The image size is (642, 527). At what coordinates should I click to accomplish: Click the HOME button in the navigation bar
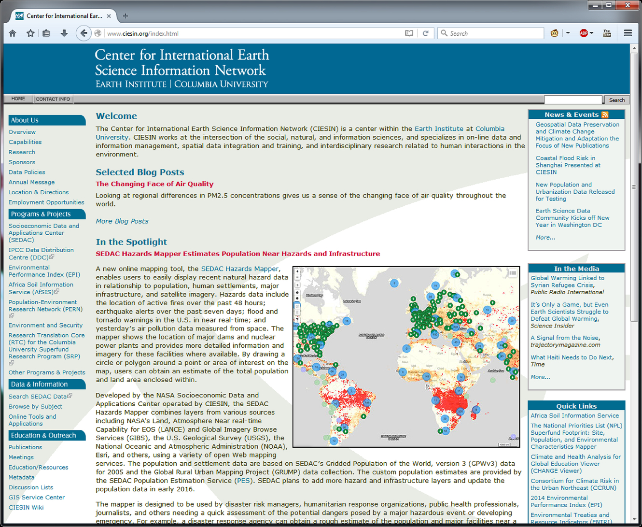click(x=18, y=99)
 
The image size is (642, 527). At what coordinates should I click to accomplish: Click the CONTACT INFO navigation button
click(x=53, y=99)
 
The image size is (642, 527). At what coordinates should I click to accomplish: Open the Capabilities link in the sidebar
click(x=25, y=142)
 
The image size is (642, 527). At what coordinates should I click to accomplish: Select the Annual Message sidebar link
click(x=31, y=182)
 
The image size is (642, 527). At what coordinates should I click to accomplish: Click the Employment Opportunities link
click(x=46, y=202)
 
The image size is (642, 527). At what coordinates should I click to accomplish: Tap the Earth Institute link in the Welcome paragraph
click(x=439, y=129)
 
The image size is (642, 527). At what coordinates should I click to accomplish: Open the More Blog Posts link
click(x=122, y=221)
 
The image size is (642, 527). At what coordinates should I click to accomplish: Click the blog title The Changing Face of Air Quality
click(x=154, y=184)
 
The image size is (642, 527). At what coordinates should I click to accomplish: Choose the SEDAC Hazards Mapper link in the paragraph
click(x=239, y=269)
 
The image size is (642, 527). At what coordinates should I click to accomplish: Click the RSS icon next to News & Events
click(x=605, y=115)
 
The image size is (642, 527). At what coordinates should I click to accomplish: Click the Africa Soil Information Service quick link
click(x=574, y=416)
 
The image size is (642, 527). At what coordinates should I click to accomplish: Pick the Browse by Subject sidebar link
click(x=35, y=407)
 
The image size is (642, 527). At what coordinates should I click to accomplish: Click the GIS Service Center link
click(x=37, y=498)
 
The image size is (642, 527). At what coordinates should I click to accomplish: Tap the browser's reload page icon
click(x=425, y=33)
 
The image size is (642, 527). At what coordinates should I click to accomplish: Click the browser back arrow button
click(x=84, y=33)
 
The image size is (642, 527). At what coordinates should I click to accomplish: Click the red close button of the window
click(x=628, y=5)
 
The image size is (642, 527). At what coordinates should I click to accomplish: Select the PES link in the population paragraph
click(x=243, y=481)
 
